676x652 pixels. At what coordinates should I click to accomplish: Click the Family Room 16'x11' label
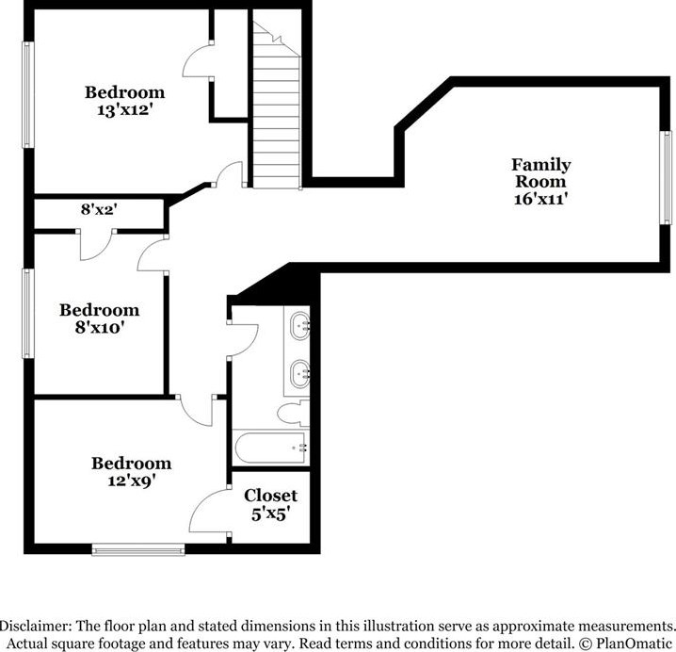click(540, 181)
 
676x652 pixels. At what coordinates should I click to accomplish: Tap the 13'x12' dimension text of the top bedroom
click(124, 108)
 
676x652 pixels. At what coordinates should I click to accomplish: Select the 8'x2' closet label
click(97, 210)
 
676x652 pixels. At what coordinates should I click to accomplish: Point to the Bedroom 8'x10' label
click(99, 318)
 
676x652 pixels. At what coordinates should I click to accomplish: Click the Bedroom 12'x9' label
click(131, 471)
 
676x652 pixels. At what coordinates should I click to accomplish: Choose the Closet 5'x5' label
click(270, 504)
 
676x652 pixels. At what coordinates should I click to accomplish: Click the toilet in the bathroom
click(290, 413)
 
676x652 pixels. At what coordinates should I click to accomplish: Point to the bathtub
click(272, 448)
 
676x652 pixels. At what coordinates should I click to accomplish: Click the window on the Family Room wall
click(665, 177)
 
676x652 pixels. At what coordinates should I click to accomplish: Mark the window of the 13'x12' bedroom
click(28, 94)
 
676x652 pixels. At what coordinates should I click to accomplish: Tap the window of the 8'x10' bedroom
click(28, 314)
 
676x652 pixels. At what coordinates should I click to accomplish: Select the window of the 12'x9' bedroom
click(138, 548)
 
